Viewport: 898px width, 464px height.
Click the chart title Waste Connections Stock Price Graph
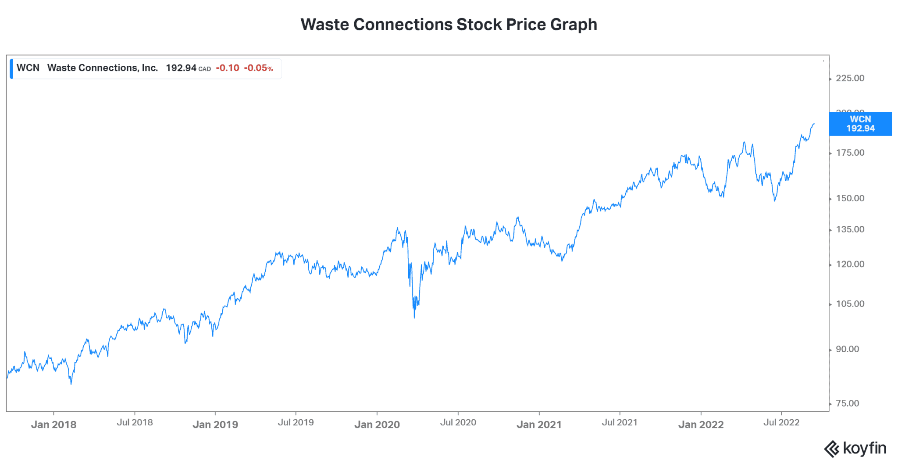pos(449,25)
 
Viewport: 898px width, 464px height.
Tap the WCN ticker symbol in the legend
pos(28,68)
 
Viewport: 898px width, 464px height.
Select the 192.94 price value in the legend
pos(181,68)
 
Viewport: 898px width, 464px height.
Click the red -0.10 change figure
pos(228,68)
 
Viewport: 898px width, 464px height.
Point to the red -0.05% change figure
pos(258,68)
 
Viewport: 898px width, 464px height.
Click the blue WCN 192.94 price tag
pos(860,124)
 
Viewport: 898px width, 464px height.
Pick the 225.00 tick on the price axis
pos(850,78)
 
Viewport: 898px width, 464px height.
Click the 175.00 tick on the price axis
pos(850,153)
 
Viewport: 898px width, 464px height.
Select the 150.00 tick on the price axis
pos(850,198)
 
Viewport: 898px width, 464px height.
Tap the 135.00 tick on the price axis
pos(850,229)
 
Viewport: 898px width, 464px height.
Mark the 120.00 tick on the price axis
pos(850,264)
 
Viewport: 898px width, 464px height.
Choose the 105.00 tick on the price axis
pos(850,304)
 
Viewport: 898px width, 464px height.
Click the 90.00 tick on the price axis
pos(847,349)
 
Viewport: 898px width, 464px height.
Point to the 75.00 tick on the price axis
pos(847,403)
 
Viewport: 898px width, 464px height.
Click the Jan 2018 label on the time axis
pos(53,425)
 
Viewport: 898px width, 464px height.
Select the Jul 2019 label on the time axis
pos(296,422)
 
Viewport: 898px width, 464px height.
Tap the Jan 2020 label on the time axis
pos(377,425)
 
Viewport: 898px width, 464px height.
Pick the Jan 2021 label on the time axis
pos(539,425)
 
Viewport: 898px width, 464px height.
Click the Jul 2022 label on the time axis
pos(781,422)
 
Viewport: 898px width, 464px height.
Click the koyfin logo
pos(855,449)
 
